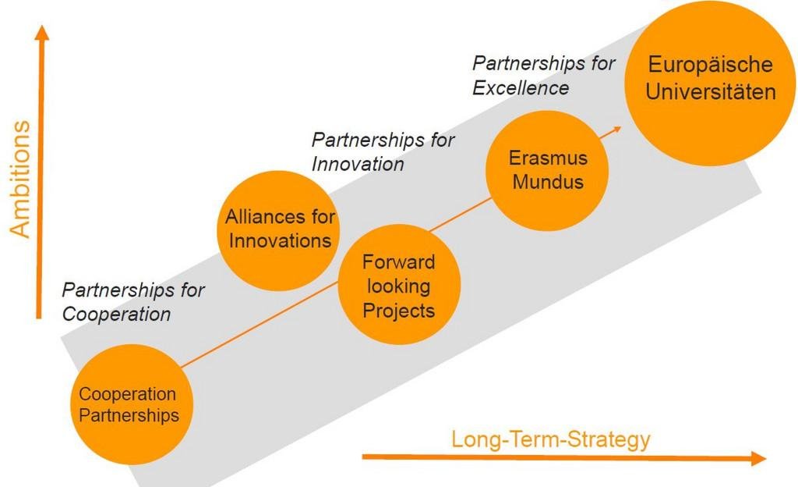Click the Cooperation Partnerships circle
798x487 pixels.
tap(131, 404)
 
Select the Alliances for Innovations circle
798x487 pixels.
tap(278, 230)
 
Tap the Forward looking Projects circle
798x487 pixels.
tap(399, 284)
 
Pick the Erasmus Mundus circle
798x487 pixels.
tap(547, 171)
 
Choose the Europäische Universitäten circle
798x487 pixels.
tap(710, 83)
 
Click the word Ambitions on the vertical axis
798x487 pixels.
tap(20, 179)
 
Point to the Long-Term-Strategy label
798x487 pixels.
tap(551, 439)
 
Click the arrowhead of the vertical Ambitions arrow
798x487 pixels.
tap(43, 32)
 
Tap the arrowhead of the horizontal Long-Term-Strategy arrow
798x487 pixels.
tap(759, 458)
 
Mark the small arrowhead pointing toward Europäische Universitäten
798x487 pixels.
tap(617, 130)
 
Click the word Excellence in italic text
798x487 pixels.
tap(521, 88)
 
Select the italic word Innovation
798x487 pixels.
tap(358, 164)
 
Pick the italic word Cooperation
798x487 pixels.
tap(117, 315)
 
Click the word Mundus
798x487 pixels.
tap(548, 182)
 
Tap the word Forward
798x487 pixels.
tap(399, 261)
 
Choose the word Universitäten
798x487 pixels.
tap(711, 92)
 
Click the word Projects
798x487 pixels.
tap(399, 311)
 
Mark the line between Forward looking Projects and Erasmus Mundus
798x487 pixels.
tap(461, 215)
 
